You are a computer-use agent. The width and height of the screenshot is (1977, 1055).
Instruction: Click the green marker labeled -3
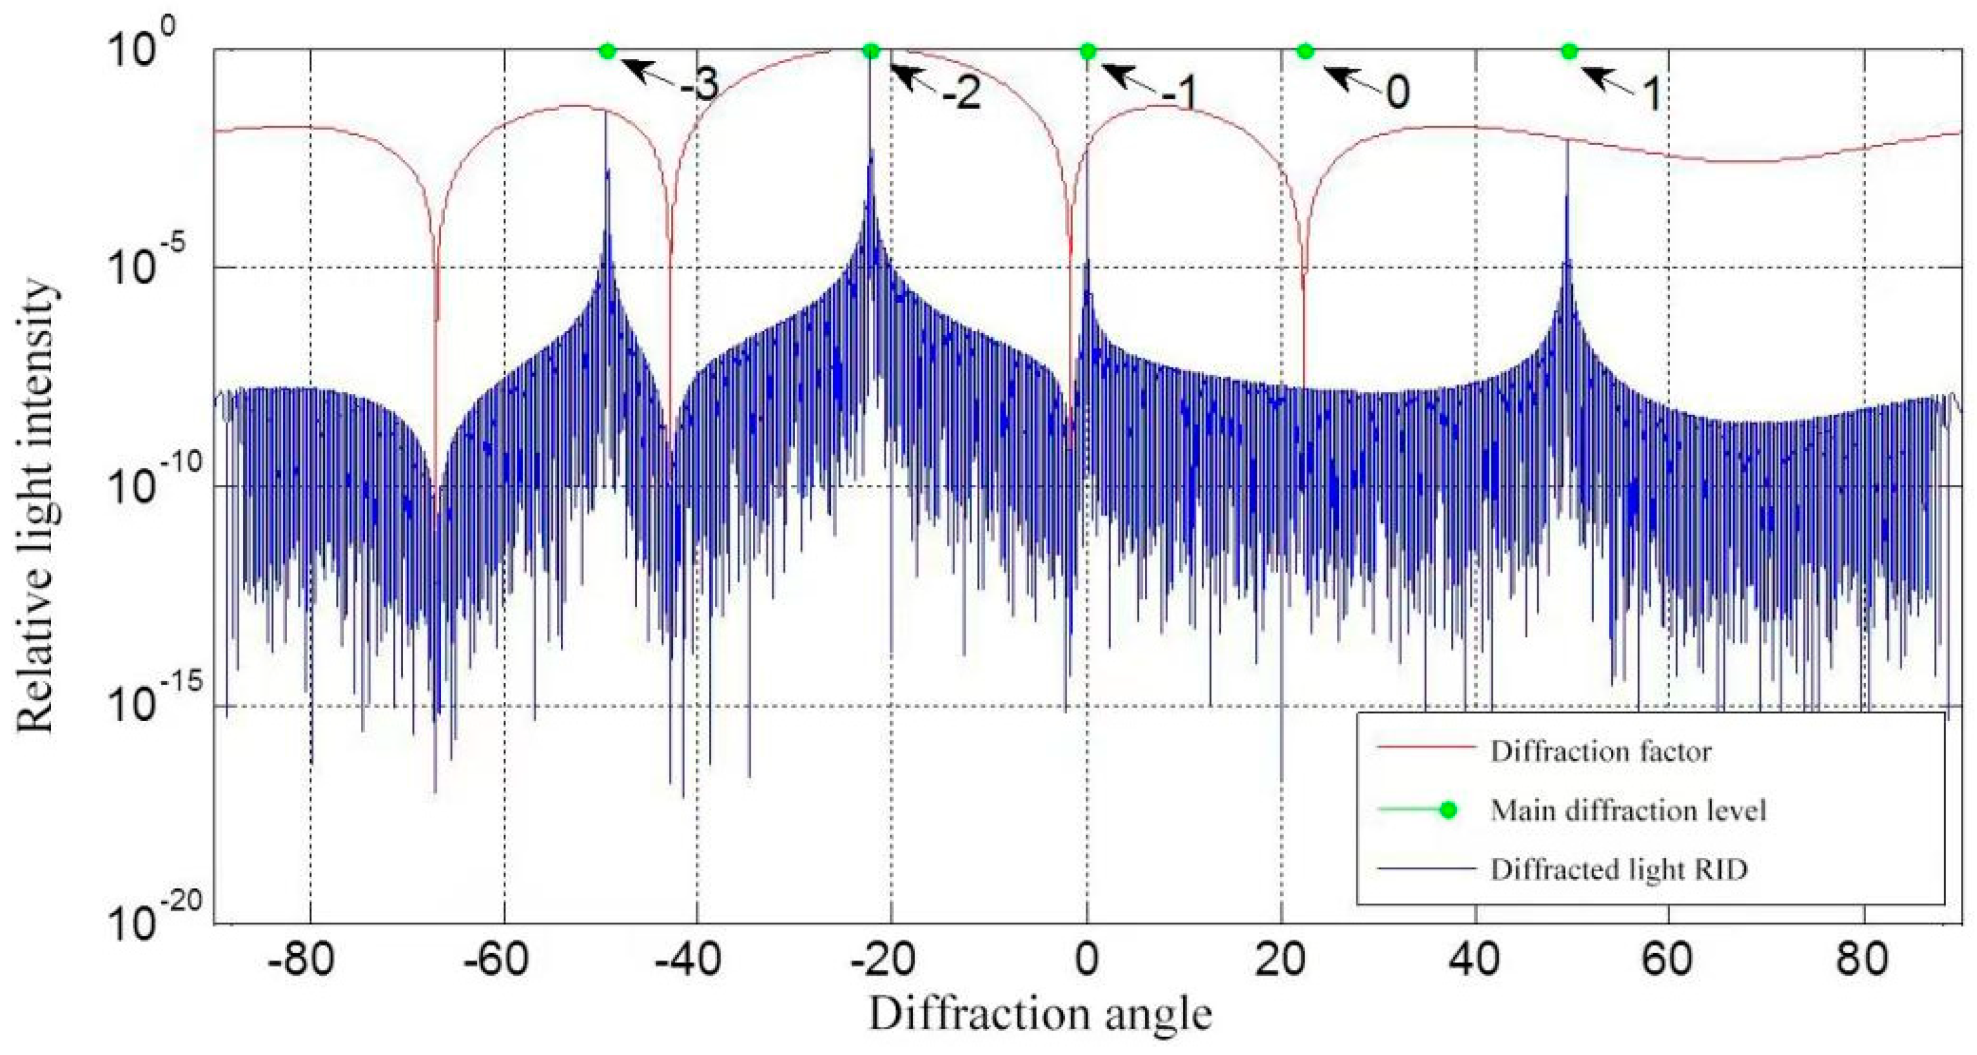point(607,52)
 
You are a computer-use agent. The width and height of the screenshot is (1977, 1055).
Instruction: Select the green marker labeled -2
point(870,52)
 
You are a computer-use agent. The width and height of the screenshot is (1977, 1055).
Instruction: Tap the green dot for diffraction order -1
point(1087,52)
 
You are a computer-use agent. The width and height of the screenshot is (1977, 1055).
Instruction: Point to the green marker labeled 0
point(1305,52)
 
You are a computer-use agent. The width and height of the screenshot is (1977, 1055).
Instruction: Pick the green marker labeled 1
point(1569,52)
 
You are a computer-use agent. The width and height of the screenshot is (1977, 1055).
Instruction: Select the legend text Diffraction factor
point(1600,751)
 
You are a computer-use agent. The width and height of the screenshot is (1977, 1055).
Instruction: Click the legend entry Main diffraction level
point(1628,810)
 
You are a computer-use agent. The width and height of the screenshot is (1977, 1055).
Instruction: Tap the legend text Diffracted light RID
point(1619,869)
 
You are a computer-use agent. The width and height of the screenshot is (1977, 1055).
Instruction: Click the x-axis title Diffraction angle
point(1039,1015)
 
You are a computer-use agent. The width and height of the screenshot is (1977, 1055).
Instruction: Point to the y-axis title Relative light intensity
point(36,507)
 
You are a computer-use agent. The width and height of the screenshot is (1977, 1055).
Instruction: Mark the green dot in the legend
point(1447,810)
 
